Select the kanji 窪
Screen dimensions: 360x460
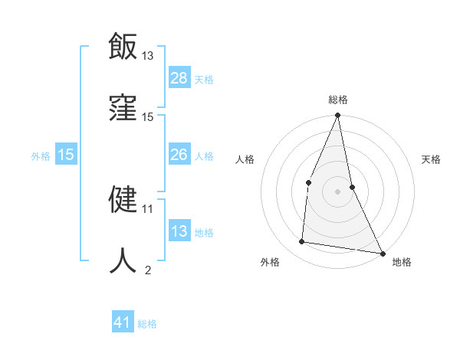[123, 107]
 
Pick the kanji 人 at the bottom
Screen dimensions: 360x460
[123, 260]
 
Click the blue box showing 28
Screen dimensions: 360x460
[179, 78]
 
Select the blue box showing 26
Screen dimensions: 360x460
[179, 155]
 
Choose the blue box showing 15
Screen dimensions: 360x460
[66, 155]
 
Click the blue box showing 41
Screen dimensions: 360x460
[123, 323]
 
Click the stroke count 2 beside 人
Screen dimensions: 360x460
[148, 270]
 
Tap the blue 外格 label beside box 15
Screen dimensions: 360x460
[41, 156]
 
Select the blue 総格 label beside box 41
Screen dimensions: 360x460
[147, 324]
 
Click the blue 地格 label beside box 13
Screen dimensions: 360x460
[204, 233]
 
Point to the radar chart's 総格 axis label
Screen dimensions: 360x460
[338, 100]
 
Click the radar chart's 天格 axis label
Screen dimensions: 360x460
[431, 159]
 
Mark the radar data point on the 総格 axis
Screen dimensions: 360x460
[337, 116]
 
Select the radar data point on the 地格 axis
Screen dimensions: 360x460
[382, 253]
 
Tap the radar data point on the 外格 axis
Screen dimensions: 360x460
[302, 242]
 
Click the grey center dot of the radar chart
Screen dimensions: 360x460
[337, 191]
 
